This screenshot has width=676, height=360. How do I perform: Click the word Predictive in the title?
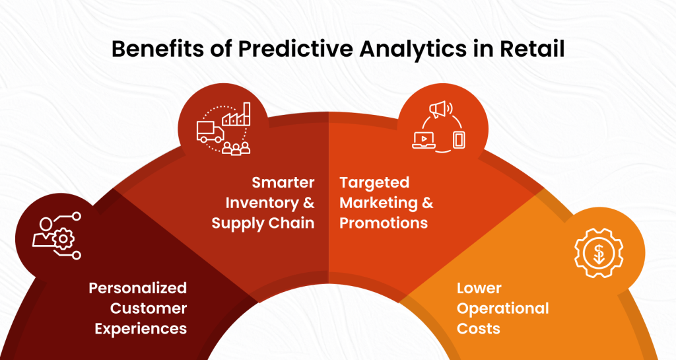coord(295,49)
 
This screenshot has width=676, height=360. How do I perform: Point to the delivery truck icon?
coord(211,132)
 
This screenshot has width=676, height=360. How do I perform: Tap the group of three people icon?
coord(236,148)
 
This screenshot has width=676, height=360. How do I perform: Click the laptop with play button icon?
coord(424,141)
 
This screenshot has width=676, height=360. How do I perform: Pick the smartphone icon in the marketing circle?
coord(459,140)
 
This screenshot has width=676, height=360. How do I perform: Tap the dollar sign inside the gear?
coord(599,253)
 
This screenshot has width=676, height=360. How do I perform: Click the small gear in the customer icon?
coord(63,238)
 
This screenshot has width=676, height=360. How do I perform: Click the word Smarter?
coord(283,183)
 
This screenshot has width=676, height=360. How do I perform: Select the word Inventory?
coord(262,203)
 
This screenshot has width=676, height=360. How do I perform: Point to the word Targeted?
coord(374,183)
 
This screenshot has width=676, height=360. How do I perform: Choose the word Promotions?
coord(384,223)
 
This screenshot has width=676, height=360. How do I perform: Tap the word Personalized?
coord(137,288)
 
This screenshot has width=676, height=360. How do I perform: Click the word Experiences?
coord(141,329)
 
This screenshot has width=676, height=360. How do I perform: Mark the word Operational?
coord(502,308)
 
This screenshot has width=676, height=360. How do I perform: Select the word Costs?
coord(478,328)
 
